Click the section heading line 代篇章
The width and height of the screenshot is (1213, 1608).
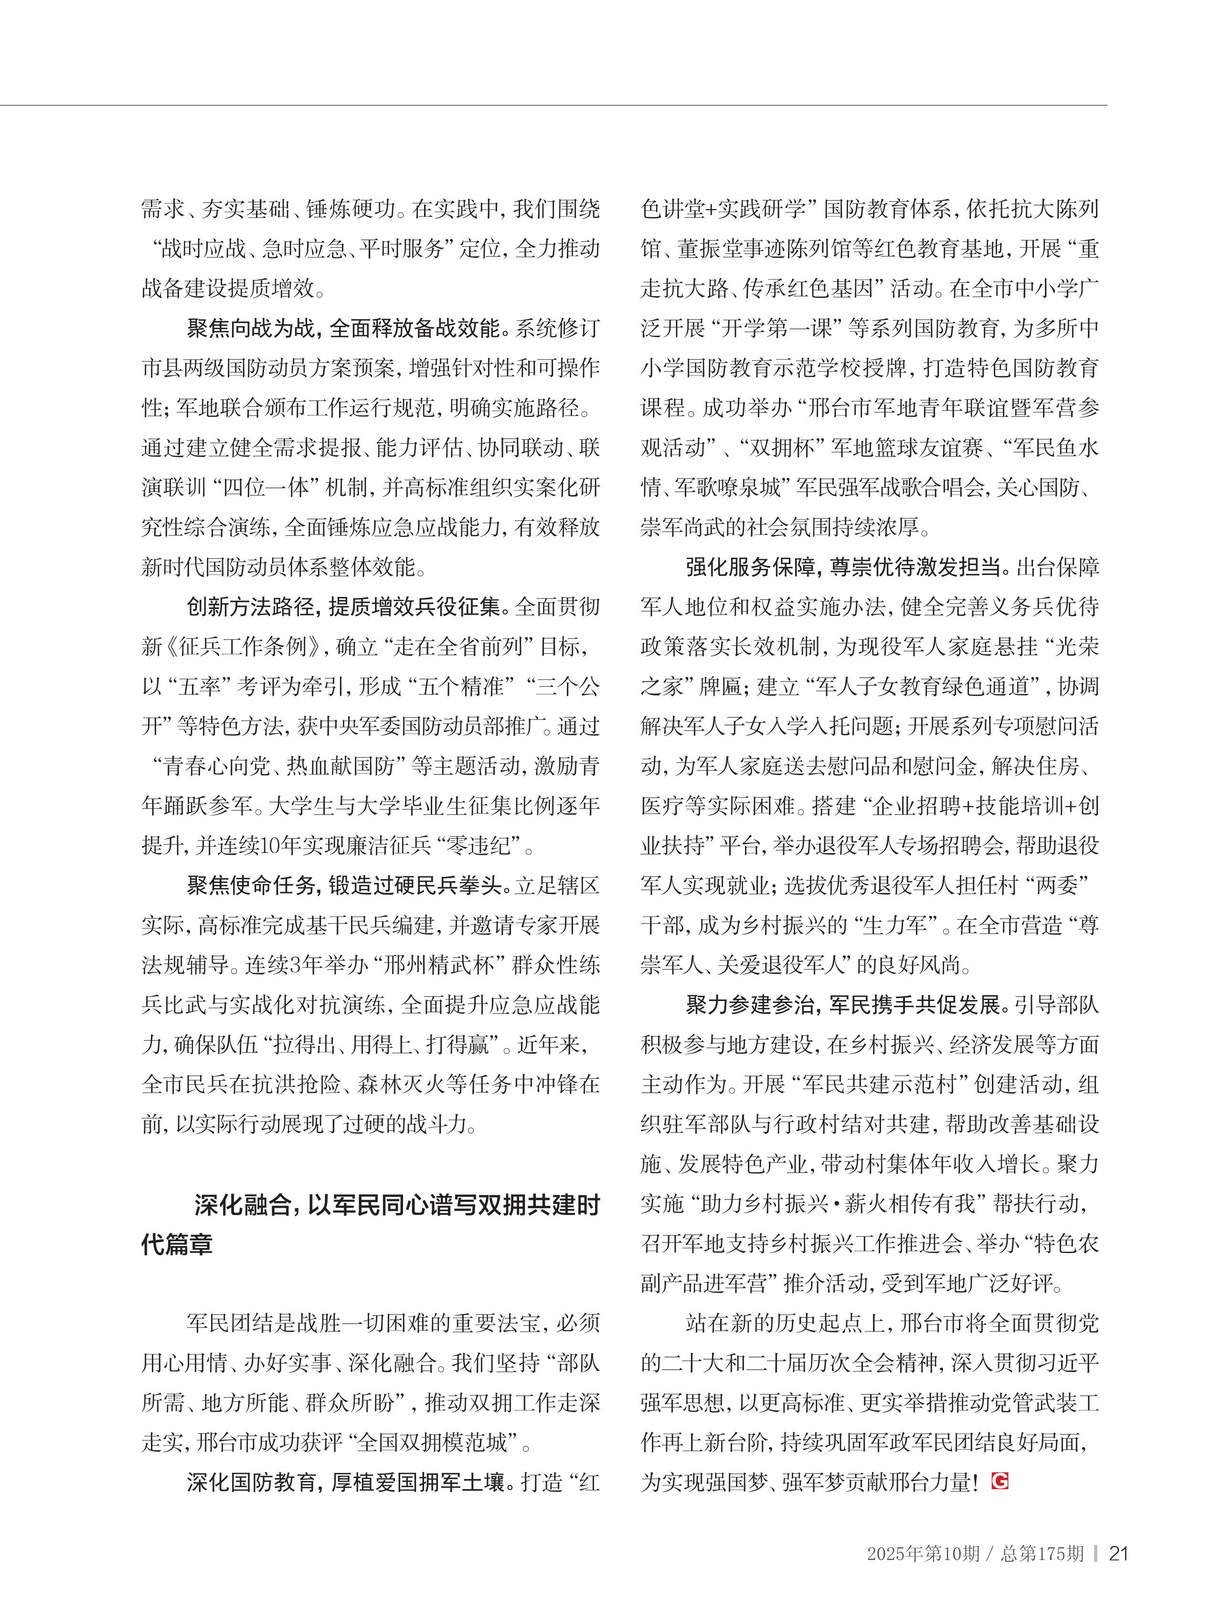[177, 1244]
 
